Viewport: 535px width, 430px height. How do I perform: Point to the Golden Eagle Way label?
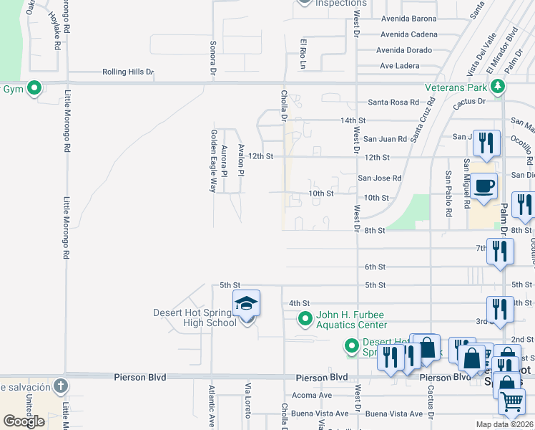pyautogui.click(x=212, y=161)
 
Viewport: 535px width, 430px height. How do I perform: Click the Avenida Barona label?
pyautogui.click(x=408, y=19)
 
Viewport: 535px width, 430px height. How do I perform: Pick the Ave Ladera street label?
pyautogui.click(x=399, y=66)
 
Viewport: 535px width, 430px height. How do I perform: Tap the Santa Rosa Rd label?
pyautogui.click(x=393, y=102)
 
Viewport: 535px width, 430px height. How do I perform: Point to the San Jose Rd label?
pyautogui.click(x=379, y=178)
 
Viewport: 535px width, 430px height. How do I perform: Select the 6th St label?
pyautogui.click(x=375, y=267)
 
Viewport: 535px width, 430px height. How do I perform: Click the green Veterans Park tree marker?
pyautogui.click(x=499, y=87)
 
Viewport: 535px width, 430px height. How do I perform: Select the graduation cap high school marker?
pyautogui.click(x=246, y=305)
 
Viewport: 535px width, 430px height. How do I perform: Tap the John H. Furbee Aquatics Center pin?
pyautogui.click(x=305, y=318)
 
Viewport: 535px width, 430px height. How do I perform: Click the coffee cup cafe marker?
pyautogui.click(x=484, y=186)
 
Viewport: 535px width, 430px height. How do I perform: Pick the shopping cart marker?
pyautogui.click(x=511, y=403)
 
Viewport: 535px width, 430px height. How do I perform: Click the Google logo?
pyautogui.click(x=24, y=421)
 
